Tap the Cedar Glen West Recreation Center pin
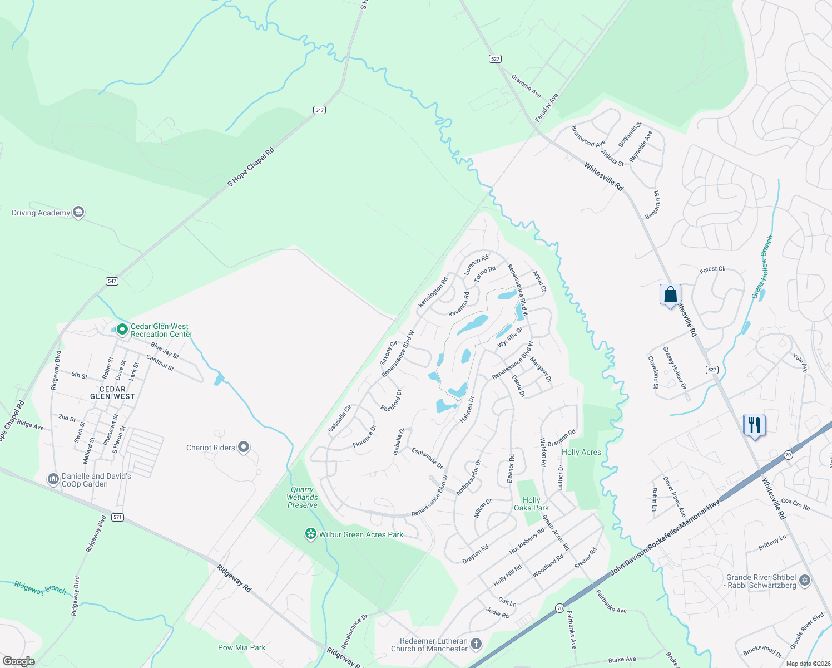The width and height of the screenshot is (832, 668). click(122, 330)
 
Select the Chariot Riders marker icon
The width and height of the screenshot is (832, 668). click(243, 447)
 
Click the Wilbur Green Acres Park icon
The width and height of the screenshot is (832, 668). click(310, 534)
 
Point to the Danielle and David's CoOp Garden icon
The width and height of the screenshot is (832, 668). click(53, 479)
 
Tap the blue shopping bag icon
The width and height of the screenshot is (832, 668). click(670, 294)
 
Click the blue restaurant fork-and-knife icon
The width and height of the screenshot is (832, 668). click(754, 425)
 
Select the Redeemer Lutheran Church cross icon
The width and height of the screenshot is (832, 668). click(476, 644)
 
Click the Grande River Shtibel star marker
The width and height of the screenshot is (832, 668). click(805, 582)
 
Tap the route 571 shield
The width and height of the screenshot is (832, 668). click(117, 517)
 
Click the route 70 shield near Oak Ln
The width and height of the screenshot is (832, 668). click(560, 608)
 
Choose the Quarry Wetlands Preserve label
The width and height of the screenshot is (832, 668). click(303, 498)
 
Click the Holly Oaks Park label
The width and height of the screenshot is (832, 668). click(531, 504)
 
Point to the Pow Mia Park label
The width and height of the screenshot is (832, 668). click(241, 647)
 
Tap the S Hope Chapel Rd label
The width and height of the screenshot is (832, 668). click(251, 167)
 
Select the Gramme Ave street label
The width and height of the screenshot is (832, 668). click(526, 86)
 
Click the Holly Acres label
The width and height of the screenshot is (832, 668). click(581, 452)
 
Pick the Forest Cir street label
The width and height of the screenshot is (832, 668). click(712, 269)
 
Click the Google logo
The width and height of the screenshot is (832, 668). click(18, 661)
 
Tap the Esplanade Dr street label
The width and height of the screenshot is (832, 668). click(427, 458)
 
